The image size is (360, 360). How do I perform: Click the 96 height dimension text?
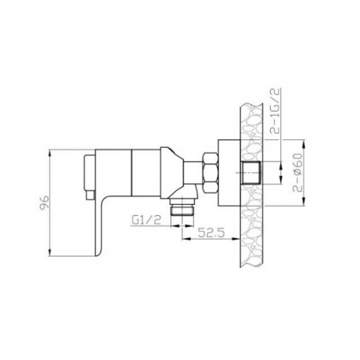point(45,203)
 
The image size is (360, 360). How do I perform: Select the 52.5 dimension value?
point(211,232)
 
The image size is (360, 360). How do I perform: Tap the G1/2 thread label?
point(146,221)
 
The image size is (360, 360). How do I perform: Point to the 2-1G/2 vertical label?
point(275,111)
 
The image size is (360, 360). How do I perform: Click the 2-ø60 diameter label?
point(297,173)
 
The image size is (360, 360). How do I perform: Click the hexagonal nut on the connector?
point(210,173)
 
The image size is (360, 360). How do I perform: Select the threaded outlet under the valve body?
point(182,207)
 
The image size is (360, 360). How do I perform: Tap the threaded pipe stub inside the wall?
point(250,173)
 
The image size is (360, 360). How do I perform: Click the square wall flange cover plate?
point(229,173)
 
